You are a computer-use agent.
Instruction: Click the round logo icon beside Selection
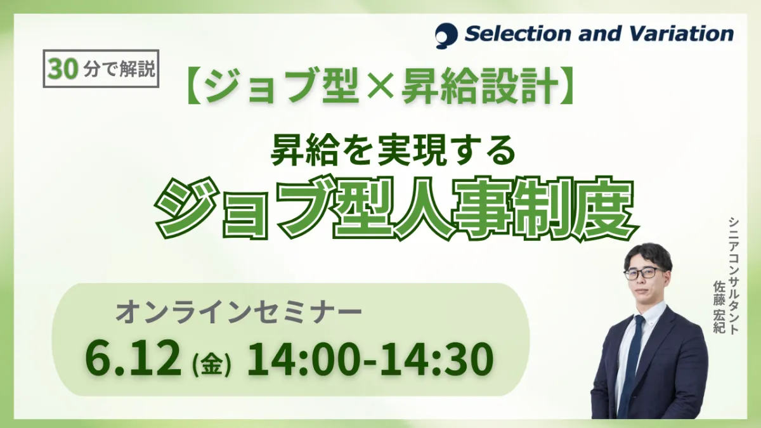point(446,36)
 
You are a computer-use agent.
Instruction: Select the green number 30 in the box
point(62,69)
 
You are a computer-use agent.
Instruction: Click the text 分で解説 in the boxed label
point(118,69)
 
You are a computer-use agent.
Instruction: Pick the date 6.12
point(133,359)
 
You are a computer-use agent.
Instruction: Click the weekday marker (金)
point(212,365)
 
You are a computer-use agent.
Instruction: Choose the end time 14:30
point(436,359)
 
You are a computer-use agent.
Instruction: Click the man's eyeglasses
point(642,273)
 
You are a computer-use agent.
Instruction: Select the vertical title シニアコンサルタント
point(734,276)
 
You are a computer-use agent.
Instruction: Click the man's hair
point(647,255)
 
